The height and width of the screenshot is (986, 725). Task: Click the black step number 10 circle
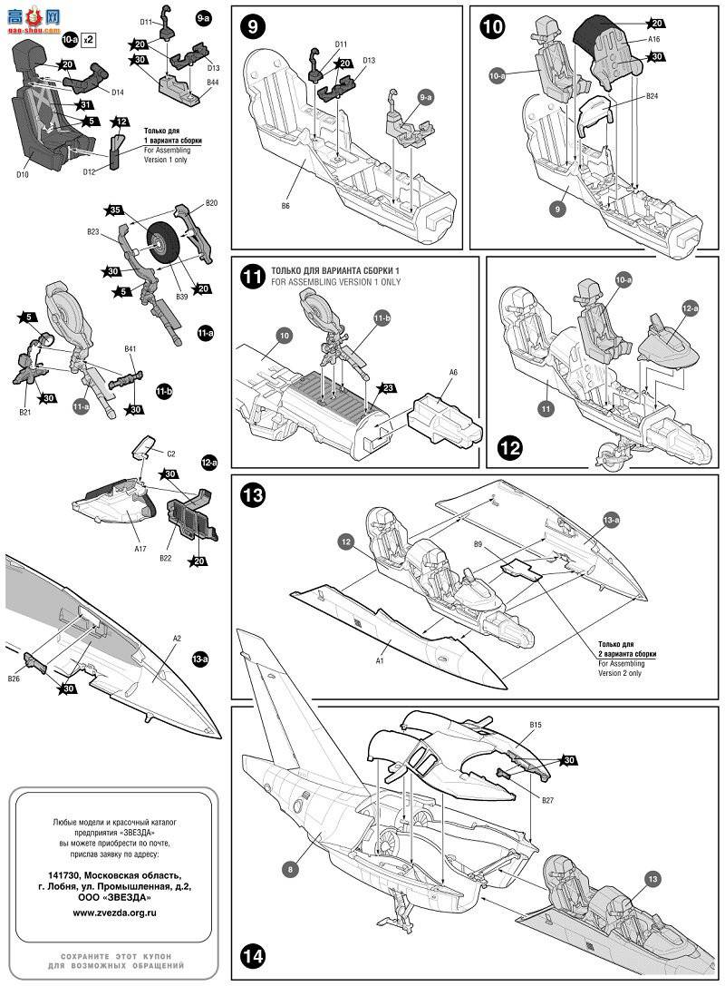(x=492, y=25)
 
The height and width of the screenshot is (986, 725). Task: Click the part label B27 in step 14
(x=546, y=800)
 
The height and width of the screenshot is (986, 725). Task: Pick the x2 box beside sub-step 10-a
(x=88, y=40)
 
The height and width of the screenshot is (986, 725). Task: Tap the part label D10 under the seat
(x=23, y=173)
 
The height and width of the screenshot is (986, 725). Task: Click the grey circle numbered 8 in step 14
(x=289, y=869)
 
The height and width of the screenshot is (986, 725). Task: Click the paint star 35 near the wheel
(x=113, y=210)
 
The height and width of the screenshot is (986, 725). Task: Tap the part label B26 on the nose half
(x=14, y=678)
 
